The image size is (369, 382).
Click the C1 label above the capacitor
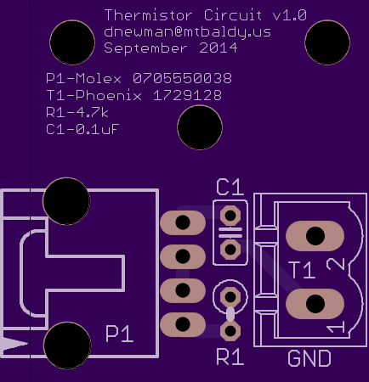point(230,187)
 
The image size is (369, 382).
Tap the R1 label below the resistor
point(230,357)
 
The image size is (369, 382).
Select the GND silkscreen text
point(309,358)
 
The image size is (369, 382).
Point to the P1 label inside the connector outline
point(119,334)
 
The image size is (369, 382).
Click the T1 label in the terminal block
point(302,270)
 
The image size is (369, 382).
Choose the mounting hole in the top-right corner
point(327,42)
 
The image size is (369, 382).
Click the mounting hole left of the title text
point(72,42)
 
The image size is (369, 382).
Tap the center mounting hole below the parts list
point(200,127)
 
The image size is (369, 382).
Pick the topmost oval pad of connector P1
point(183,222)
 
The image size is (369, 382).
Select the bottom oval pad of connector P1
point(183,324)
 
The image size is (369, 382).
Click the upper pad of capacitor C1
point(230,216)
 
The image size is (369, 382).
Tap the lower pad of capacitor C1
point(230,250)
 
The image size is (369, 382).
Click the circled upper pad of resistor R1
point(230,297)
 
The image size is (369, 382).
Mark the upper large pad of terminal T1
point(315,236)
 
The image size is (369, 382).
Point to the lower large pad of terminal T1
point(315,304)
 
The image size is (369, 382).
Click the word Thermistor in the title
point(149,15)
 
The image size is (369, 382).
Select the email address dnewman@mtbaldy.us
point(187,31)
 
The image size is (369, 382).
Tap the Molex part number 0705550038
point(183,78)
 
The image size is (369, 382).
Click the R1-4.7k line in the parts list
point(77,112)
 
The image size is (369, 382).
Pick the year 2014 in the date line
point(219,48)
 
